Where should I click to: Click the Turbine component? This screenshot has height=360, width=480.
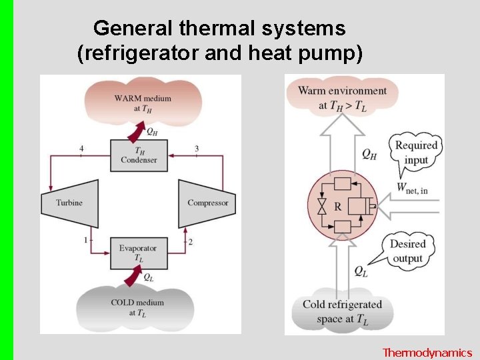(69, 203)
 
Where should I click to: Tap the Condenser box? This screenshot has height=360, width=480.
(139, 155)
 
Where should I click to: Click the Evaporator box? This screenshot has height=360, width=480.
(138, 253)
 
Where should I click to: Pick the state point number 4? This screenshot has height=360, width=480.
(81, 148)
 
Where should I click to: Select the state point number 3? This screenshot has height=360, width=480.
(197, 148)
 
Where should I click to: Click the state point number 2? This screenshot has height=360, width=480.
(191, 241)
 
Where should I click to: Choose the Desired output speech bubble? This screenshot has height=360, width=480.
(407, 251)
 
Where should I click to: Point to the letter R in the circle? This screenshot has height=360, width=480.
(338, 207)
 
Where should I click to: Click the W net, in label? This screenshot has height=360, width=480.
(412, 189)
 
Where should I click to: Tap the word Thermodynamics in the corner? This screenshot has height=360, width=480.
(427, 353)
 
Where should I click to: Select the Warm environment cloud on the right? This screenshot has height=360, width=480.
(343, 97)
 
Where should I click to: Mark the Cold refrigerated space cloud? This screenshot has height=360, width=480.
(342, 311)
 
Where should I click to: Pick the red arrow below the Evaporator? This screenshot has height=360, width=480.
(137, 274)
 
